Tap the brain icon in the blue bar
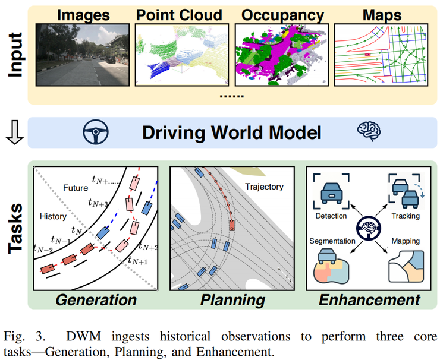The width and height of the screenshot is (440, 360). pyautogui.click(x=366, y=132)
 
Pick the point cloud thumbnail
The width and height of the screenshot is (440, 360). pyautogui.click(x=182, y=55)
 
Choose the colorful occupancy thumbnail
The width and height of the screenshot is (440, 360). pyautogui.click(x=282, y=55)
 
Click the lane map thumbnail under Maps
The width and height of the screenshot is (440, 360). pyautogui.click(x=381, y=55)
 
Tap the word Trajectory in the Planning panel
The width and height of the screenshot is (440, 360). pyautogui.click(x=264, y=187)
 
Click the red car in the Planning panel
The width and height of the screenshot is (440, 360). pyautogui.click(x=231, y=225)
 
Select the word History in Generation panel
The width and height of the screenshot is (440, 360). pyautogui.click(x=53, y=217)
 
